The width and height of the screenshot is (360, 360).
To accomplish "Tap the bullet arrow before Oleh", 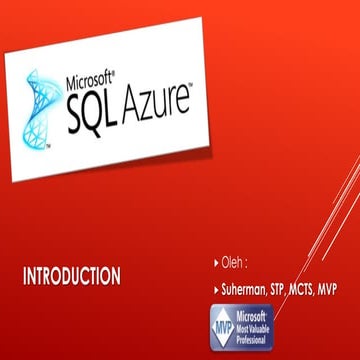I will tap(216, 264).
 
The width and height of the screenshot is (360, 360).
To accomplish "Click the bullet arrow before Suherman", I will tap(216, 289).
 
